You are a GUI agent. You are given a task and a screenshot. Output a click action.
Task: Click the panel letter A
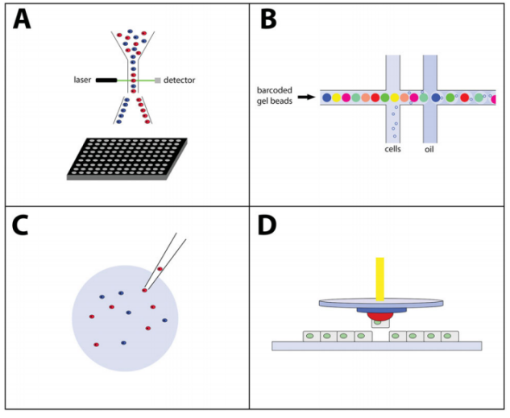pos(22,19)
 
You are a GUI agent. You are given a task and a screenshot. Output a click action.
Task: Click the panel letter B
pos(268,19)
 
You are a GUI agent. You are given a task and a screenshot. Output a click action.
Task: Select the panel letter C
pos(20,226)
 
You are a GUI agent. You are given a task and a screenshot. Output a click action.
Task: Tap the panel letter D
pos(267,226)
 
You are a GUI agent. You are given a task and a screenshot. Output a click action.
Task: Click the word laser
pos(82,80)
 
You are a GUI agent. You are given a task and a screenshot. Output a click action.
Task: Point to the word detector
pos(179,81)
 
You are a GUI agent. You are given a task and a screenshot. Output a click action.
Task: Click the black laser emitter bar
pos(106,81)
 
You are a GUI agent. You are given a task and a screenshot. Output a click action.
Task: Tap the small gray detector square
pos(158,81)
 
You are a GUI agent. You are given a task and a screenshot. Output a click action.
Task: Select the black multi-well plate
pos(126,159)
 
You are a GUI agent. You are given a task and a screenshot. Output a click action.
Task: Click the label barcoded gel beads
pos(275,96)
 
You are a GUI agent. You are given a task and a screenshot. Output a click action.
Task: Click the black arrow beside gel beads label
pos(307,97)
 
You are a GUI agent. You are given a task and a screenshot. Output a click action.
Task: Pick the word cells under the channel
pos(392,149)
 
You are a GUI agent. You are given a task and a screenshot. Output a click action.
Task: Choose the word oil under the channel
pos(429,149)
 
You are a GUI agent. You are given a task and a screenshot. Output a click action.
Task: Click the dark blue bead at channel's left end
pos(327,97)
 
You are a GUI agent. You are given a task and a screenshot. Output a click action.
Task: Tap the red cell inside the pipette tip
pos(160,269)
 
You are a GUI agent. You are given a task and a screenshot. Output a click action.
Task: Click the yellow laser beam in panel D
pos(380,279)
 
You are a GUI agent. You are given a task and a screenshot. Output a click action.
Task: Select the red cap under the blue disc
pos(380,316)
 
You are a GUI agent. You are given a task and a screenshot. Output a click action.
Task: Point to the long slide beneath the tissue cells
pos(376,346)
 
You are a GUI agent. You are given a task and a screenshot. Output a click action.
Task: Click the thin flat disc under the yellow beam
pos(381,303)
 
